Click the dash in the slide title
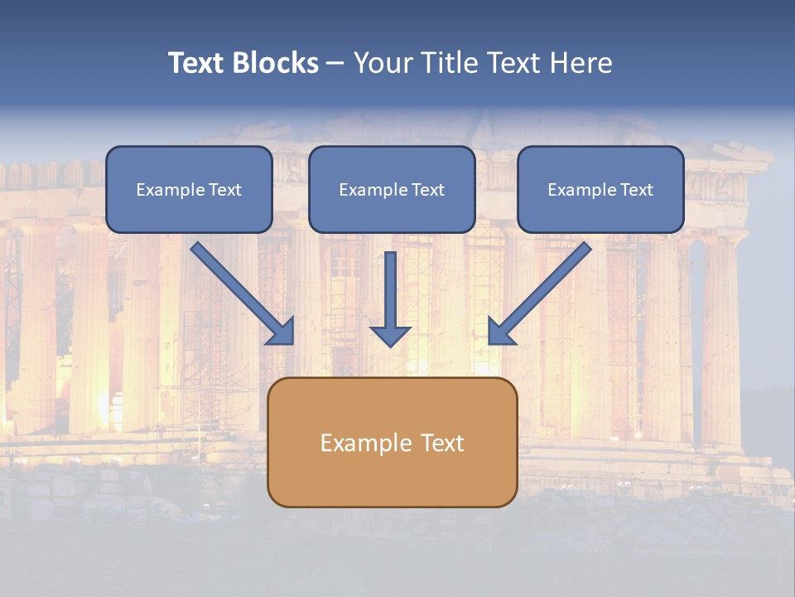[x=335, y=63]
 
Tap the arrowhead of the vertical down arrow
[x=390, y=336]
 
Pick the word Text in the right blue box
[x=637, y=190]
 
